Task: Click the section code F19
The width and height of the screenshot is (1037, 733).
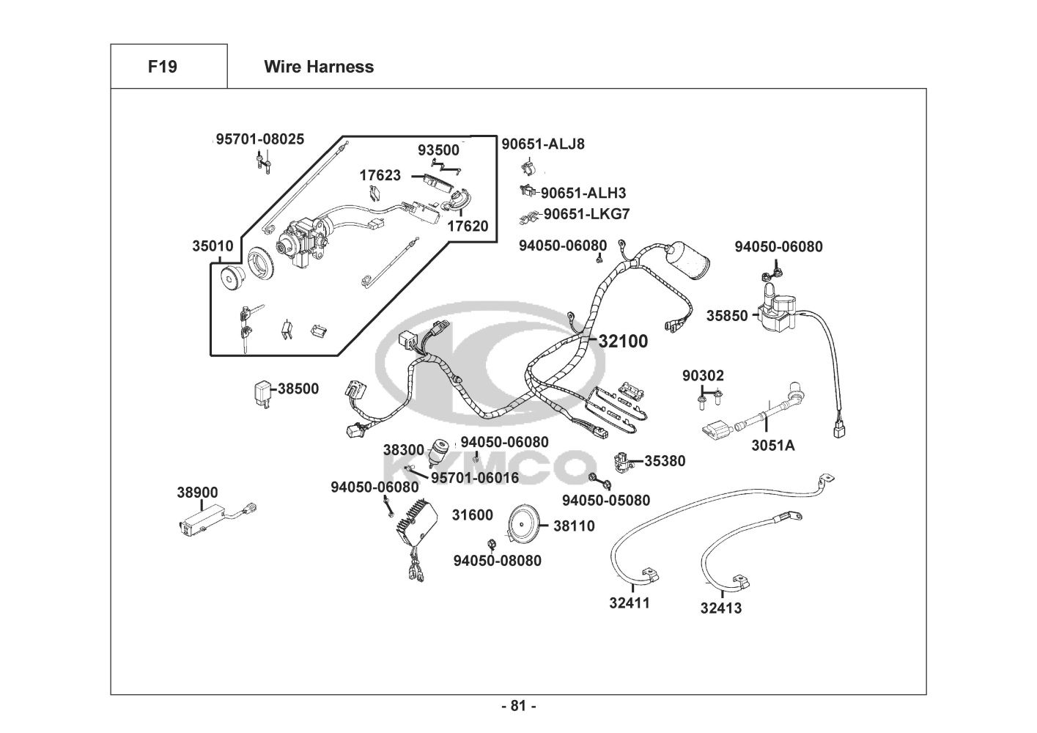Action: coord(162,67)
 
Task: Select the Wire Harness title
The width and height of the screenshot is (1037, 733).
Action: coord(319,67)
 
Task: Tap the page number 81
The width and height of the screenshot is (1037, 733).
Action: coord(518,706)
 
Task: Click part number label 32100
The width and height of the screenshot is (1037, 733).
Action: coord(623,341)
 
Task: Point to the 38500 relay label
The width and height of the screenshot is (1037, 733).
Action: coord(298,388)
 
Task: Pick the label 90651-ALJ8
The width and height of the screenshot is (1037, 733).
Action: coord(543,144)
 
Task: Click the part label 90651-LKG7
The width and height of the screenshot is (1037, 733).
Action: coord(586,214)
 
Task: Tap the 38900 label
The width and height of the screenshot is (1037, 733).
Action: coord(197,493)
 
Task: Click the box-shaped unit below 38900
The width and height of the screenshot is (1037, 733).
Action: coord(202,520)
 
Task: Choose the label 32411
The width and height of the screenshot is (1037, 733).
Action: coord(630,603)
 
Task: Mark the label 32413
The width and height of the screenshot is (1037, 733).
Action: coord(720,608)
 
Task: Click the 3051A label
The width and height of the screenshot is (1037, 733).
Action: coord(773,445)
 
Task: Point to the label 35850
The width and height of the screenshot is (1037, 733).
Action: coord(727,316)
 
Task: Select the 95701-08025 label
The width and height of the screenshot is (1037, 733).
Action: coord(260,139)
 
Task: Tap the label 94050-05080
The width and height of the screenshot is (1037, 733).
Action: coord(606,501)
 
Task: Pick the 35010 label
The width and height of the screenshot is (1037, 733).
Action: coord(213,246)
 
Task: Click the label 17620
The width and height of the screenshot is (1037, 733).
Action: coord(468,226)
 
